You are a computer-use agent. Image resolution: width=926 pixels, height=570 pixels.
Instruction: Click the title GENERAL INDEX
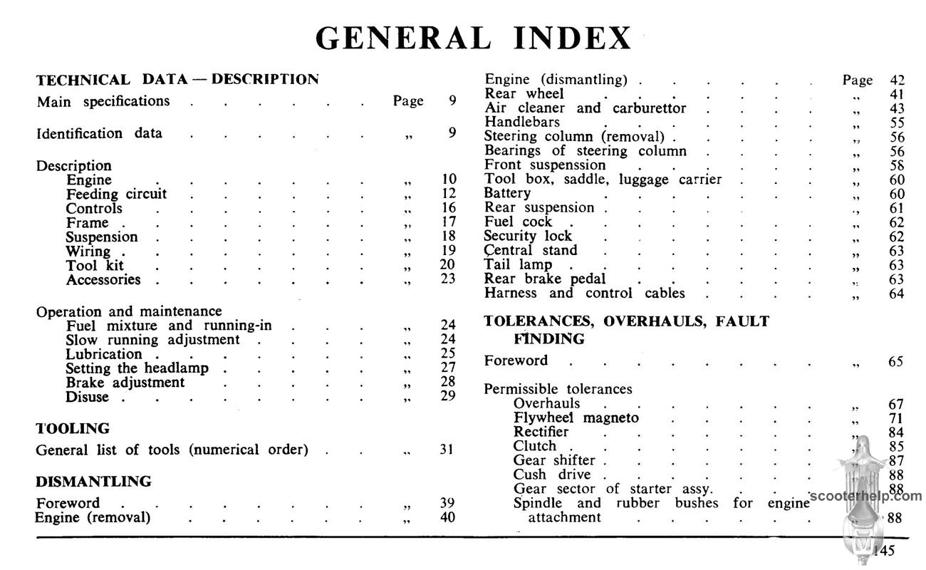473,38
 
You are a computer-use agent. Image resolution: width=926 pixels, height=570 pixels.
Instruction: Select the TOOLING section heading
73,428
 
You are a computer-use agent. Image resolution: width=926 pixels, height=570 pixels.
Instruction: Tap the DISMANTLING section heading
93,482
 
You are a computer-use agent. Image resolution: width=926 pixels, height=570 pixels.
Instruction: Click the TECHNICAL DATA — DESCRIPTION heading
177,79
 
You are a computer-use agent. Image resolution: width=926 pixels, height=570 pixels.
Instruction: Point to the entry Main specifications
103,101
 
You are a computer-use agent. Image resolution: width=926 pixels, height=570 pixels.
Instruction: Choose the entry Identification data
99,133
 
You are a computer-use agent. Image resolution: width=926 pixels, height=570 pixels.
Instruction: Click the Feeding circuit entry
116,194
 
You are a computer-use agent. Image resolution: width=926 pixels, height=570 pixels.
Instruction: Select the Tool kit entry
95,265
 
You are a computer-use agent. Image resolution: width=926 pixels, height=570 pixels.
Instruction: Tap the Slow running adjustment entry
152,340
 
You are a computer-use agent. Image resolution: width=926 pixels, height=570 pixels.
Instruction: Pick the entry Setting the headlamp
137,368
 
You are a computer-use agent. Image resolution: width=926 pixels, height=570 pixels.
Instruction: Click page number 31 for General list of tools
447,450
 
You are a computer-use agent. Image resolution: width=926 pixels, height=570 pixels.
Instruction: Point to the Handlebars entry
522,123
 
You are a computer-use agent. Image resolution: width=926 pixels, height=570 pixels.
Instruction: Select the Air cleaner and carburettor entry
585,108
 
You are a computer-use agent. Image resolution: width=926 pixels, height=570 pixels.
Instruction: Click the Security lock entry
528,236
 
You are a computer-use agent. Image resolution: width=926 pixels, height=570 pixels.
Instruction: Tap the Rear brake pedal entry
545,279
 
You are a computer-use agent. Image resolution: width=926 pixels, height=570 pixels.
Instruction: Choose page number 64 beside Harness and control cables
896,293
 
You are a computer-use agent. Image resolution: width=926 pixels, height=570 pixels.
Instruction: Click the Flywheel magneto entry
576,418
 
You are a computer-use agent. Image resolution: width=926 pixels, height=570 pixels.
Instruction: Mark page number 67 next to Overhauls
896,404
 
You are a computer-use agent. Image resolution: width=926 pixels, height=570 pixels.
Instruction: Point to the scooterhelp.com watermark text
865,496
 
